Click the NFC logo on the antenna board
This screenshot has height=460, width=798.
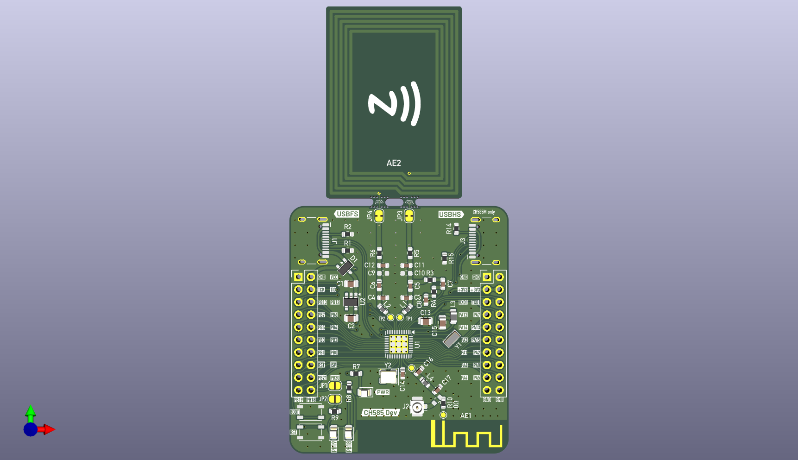[x=394, y=104]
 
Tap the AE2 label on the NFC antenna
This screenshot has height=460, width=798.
[x=394, y=163]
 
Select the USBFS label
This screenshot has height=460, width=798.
[x=347, y=214]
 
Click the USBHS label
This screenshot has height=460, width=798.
[x=450, y=214]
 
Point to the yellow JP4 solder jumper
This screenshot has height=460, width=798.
[x=379, y=215]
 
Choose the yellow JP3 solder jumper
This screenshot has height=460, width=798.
[x=409, y=215]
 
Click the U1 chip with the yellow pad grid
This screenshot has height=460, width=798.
[x=398, y=344]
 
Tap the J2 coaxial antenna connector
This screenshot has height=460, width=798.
[x=418, y=407]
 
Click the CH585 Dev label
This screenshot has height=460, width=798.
[x=380, y=413]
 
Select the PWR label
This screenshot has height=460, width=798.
[x=383, y=392]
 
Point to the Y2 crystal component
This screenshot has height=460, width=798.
[x=388, y=377]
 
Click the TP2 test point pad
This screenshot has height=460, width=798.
[x=390, y=317]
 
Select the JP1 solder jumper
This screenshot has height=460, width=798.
[x=335, y=386]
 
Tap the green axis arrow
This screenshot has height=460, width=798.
[x=31, y=411]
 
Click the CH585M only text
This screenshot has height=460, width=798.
[x=484, y=212]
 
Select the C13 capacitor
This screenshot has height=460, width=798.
[x=426, y=321]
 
